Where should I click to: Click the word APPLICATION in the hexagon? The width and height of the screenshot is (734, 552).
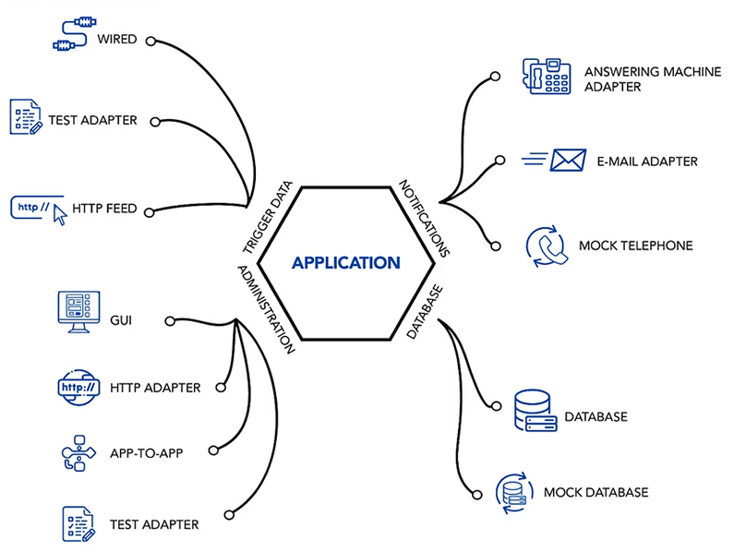point(346,263)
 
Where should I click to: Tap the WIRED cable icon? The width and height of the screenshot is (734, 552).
point(75,34)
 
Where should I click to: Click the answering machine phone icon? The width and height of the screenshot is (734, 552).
point(547,77)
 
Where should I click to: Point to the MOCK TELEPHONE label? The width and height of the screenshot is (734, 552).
point(636,246)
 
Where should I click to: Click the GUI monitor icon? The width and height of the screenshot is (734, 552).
point(78,312)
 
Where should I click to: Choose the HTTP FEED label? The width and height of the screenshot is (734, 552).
point(104,209)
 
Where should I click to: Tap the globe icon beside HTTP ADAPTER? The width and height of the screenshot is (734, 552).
point(78,387)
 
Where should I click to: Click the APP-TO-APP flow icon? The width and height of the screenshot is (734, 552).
point(78,452)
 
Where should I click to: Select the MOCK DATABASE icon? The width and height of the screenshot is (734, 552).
point(514,493)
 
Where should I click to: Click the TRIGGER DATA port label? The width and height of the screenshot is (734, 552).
point(268,217)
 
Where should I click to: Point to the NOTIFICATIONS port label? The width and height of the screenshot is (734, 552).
point(424,218)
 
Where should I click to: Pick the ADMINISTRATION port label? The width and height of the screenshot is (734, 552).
point(266,309)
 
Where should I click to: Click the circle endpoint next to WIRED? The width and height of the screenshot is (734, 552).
point(150,42)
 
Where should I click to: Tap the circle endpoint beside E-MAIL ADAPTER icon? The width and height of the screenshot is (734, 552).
point(499,160)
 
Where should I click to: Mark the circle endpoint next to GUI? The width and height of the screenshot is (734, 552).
point(170,320)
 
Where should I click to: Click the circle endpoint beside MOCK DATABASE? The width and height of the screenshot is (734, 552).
point(477,495)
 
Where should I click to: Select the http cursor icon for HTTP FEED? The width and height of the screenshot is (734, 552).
point(39,210)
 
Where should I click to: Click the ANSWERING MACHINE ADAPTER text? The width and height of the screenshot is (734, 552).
point(653,79)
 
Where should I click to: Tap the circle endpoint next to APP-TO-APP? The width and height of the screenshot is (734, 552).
point(213,450)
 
